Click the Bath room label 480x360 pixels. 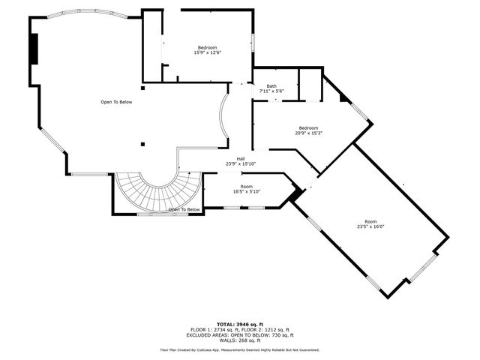pos(271,85)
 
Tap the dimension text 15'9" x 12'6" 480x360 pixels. pos(207,52)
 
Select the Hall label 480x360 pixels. pos(241,158)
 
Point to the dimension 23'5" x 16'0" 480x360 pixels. pos(370,227)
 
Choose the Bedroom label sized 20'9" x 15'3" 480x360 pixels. pos(309,127)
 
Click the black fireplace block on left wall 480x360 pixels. pos(34,49)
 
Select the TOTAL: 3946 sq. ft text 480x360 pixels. pos(240,324)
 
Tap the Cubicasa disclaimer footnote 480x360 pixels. pos(240,349)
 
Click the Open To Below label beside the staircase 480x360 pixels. pos(184,209)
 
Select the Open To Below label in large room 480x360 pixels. pos(116,102)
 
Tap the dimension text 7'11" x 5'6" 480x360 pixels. pos(271,91)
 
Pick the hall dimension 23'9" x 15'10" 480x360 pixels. pos(241,163)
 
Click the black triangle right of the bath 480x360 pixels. pos(344,97)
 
